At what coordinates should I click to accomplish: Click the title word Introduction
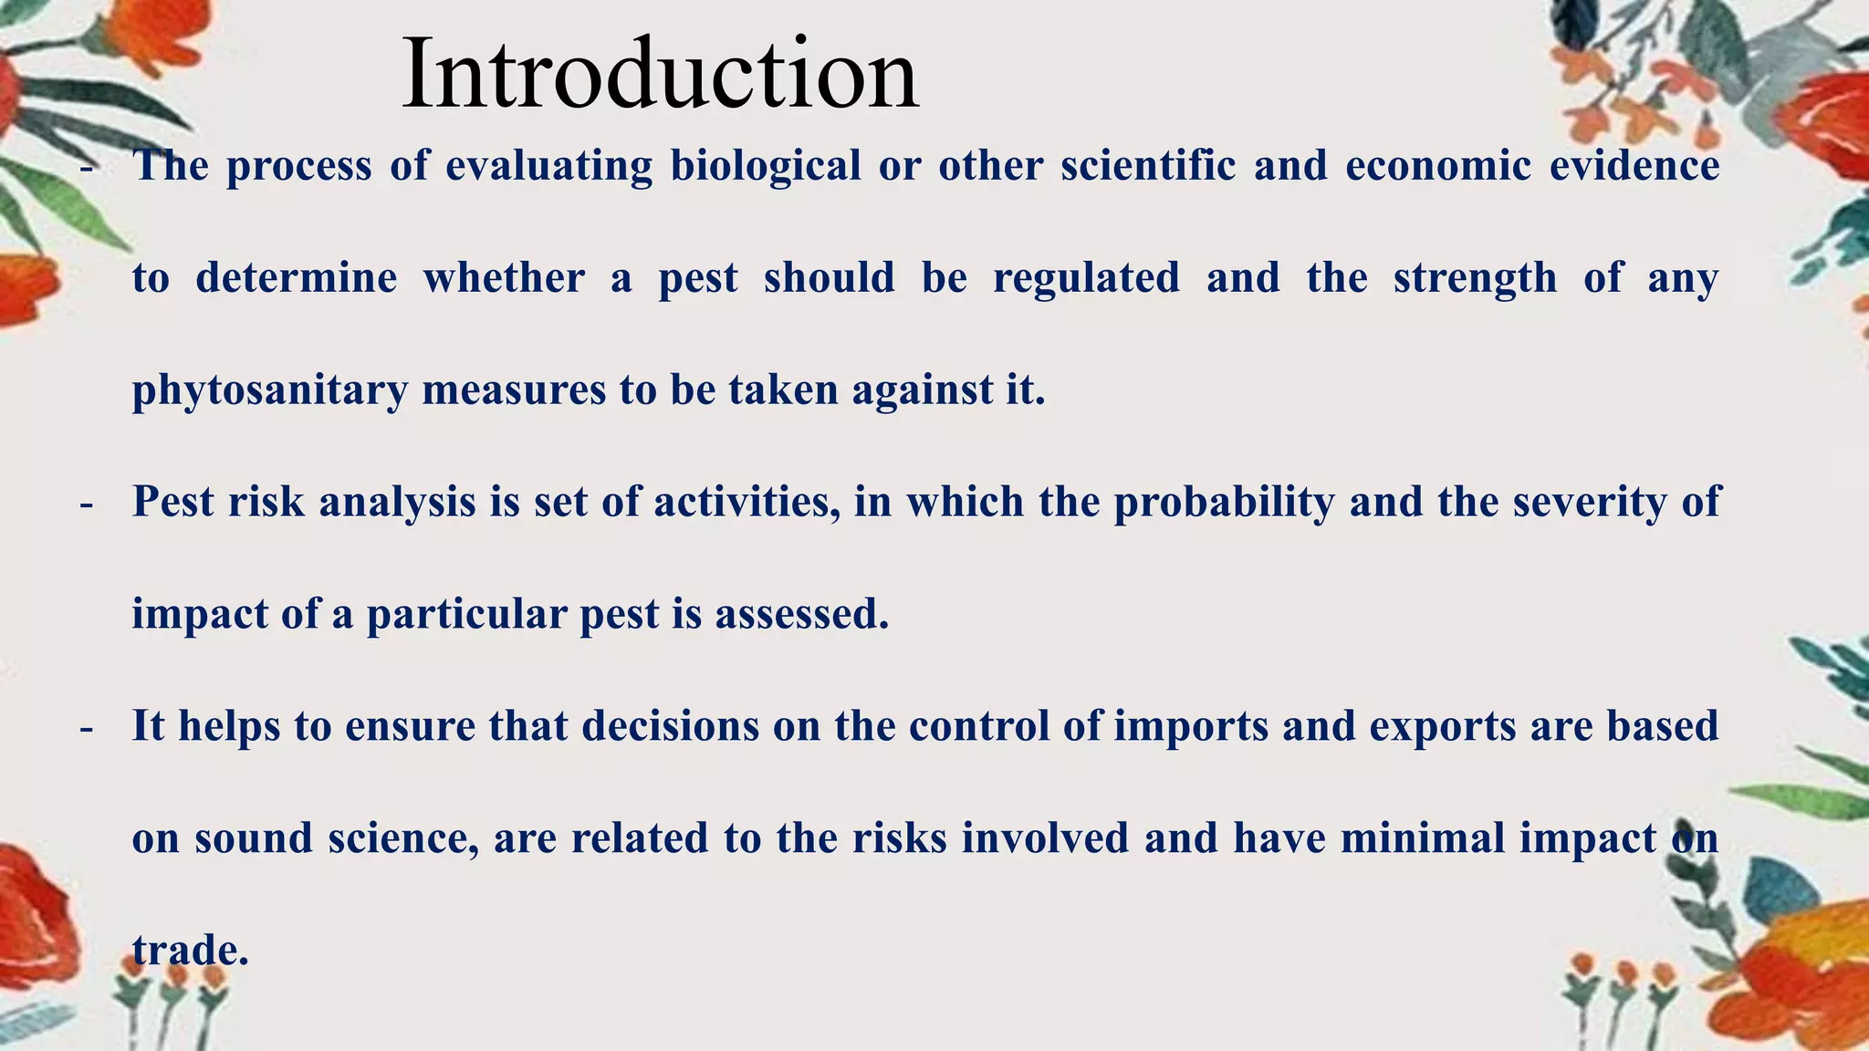point(660,75)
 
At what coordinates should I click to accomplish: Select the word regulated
point(1086,278)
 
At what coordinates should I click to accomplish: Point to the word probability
point(1224,502)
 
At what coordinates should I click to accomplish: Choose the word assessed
point(801,614)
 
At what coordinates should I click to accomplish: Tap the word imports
point(1191,726)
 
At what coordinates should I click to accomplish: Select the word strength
point(1475,278)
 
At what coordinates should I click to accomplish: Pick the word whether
point(504,278)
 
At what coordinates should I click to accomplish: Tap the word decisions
point(671,726)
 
